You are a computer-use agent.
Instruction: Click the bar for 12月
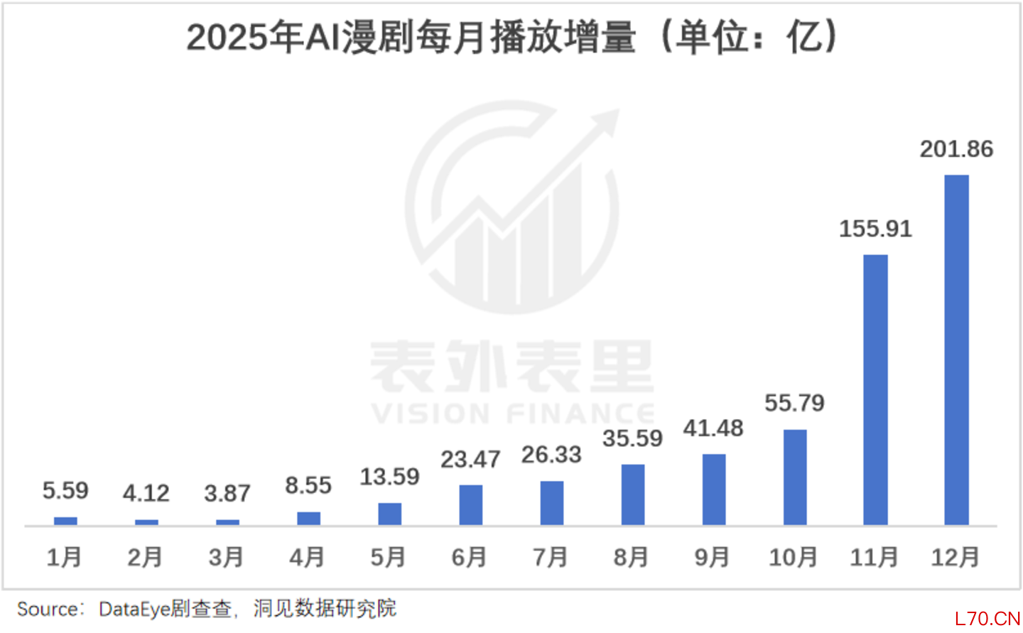956,350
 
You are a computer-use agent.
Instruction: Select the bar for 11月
875,389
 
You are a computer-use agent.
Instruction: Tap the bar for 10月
795,477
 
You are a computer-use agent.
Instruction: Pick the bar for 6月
470,504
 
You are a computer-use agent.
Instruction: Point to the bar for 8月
632,494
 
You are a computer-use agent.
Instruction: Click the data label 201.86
956,149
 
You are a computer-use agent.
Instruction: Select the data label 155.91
875,229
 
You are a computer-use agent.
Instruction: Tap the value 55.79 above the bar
794,404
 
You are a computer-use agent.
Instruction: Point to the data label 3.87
227,493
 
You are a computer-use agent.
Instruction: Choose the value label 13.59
389,477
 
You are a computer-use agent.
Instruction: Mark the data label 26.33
551,455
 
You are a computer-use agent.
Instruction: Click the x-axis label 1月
64,558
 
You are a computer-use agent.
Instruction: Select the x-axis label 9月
713,558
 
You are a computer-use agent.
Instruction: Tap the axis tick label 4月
308,558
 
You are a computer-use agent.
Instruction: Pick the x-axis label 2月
145,558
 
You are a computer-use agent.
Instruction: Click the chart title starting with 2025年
511,37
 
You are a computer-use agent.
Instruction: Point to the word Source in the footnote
48,610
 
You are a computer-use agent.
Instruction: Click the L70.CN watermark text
987,619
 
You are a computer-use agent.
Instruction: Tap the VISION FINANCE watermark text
511,413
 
